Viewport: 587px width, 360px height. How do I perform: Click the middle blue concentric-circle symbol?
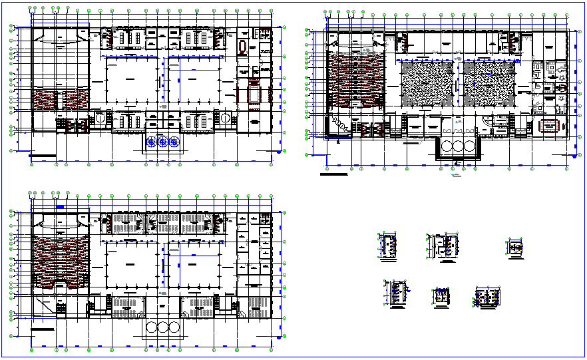[x=162, y=141]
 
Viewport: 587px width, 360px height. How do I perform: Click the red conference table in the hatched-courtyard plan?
[x=549, y=126]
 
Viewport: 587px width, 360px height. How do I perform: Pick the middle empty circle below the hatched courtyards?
[x=457, y=146]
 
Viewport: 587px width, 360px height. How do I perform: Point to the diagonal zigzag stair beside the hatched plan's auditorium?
[x=340, y=124]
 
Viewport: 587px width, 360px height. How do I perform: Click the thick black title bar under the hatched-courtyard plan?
[x=333, y=175]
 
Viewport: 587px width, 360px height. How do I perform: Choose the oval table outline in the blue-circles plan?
[x=242, y=47]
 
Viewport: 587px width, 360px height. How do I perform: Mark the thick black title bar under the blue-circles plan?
[x=43, y=158]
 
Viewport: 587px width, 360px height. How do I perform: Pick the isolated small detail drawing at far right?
[x=514, y=248]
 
